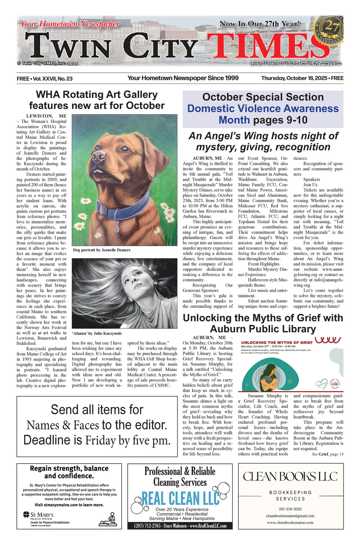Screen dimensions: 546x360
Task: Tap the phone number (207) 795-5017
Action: click(267, 63)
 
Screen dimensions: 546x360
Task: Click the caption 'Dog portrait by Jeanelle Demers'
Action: click(102, 250)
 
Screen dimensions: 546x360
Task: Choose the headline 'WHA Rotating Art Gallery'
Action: click(97, 95)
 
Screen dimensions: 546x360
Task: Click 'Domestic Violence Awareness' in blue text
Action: click(263, 108)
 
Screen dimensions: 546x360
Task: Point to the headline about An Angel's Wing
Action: click(263, 141)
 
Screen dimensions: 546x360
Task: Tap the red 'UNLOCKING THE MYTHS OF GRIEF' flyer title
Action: click(276, 342)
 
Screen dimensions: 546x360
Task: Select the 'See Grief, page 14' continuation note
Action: click(327, 454)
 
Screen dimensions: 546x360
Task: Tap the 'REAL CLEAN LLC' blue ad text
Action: click(180, 498)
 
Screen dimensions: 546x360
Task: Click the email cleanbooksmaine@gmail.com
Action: click(290, 516)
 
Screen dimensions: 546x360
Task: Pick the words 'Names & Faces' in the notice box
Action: click(63, 425)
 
